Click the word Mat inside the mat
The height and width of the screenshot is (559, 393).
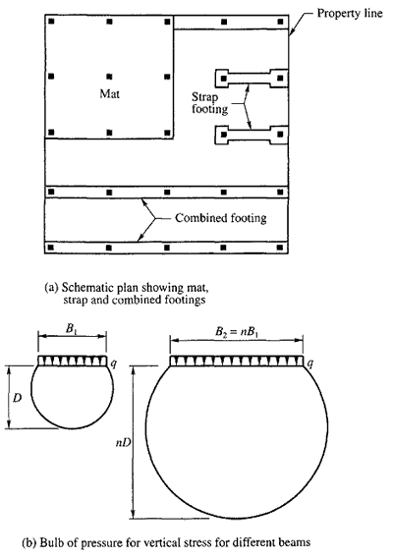109,93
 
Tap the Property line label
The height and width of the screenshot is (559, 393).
350,14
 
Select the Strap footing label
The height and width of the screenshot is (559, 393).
209,103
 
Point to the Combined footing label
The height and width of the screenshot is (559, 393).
221,218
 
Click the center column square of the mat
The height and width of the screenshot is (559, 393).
109,77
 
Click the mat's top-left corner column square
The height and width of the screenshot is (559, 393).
51,22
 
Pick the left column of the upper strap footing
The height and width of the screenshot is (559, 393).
224,78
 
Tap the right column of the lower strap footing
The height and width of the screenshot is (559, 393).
280,135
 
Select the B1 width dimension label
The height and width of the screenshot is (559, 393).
72,329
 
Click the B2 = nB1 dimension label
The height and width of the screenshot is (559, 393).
236,332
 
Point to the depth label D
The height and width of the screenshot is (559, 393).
17,398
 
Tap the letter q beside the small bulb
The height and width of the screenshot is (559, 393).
113,363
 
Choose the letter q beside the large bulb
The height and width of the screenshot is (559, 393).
310,363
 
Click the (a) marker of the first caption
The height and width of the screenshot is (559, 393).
51,288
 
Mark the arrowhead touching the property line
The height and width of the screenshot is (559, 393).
291,32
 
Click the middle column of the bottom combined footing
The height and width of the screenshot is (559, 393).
167,247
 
